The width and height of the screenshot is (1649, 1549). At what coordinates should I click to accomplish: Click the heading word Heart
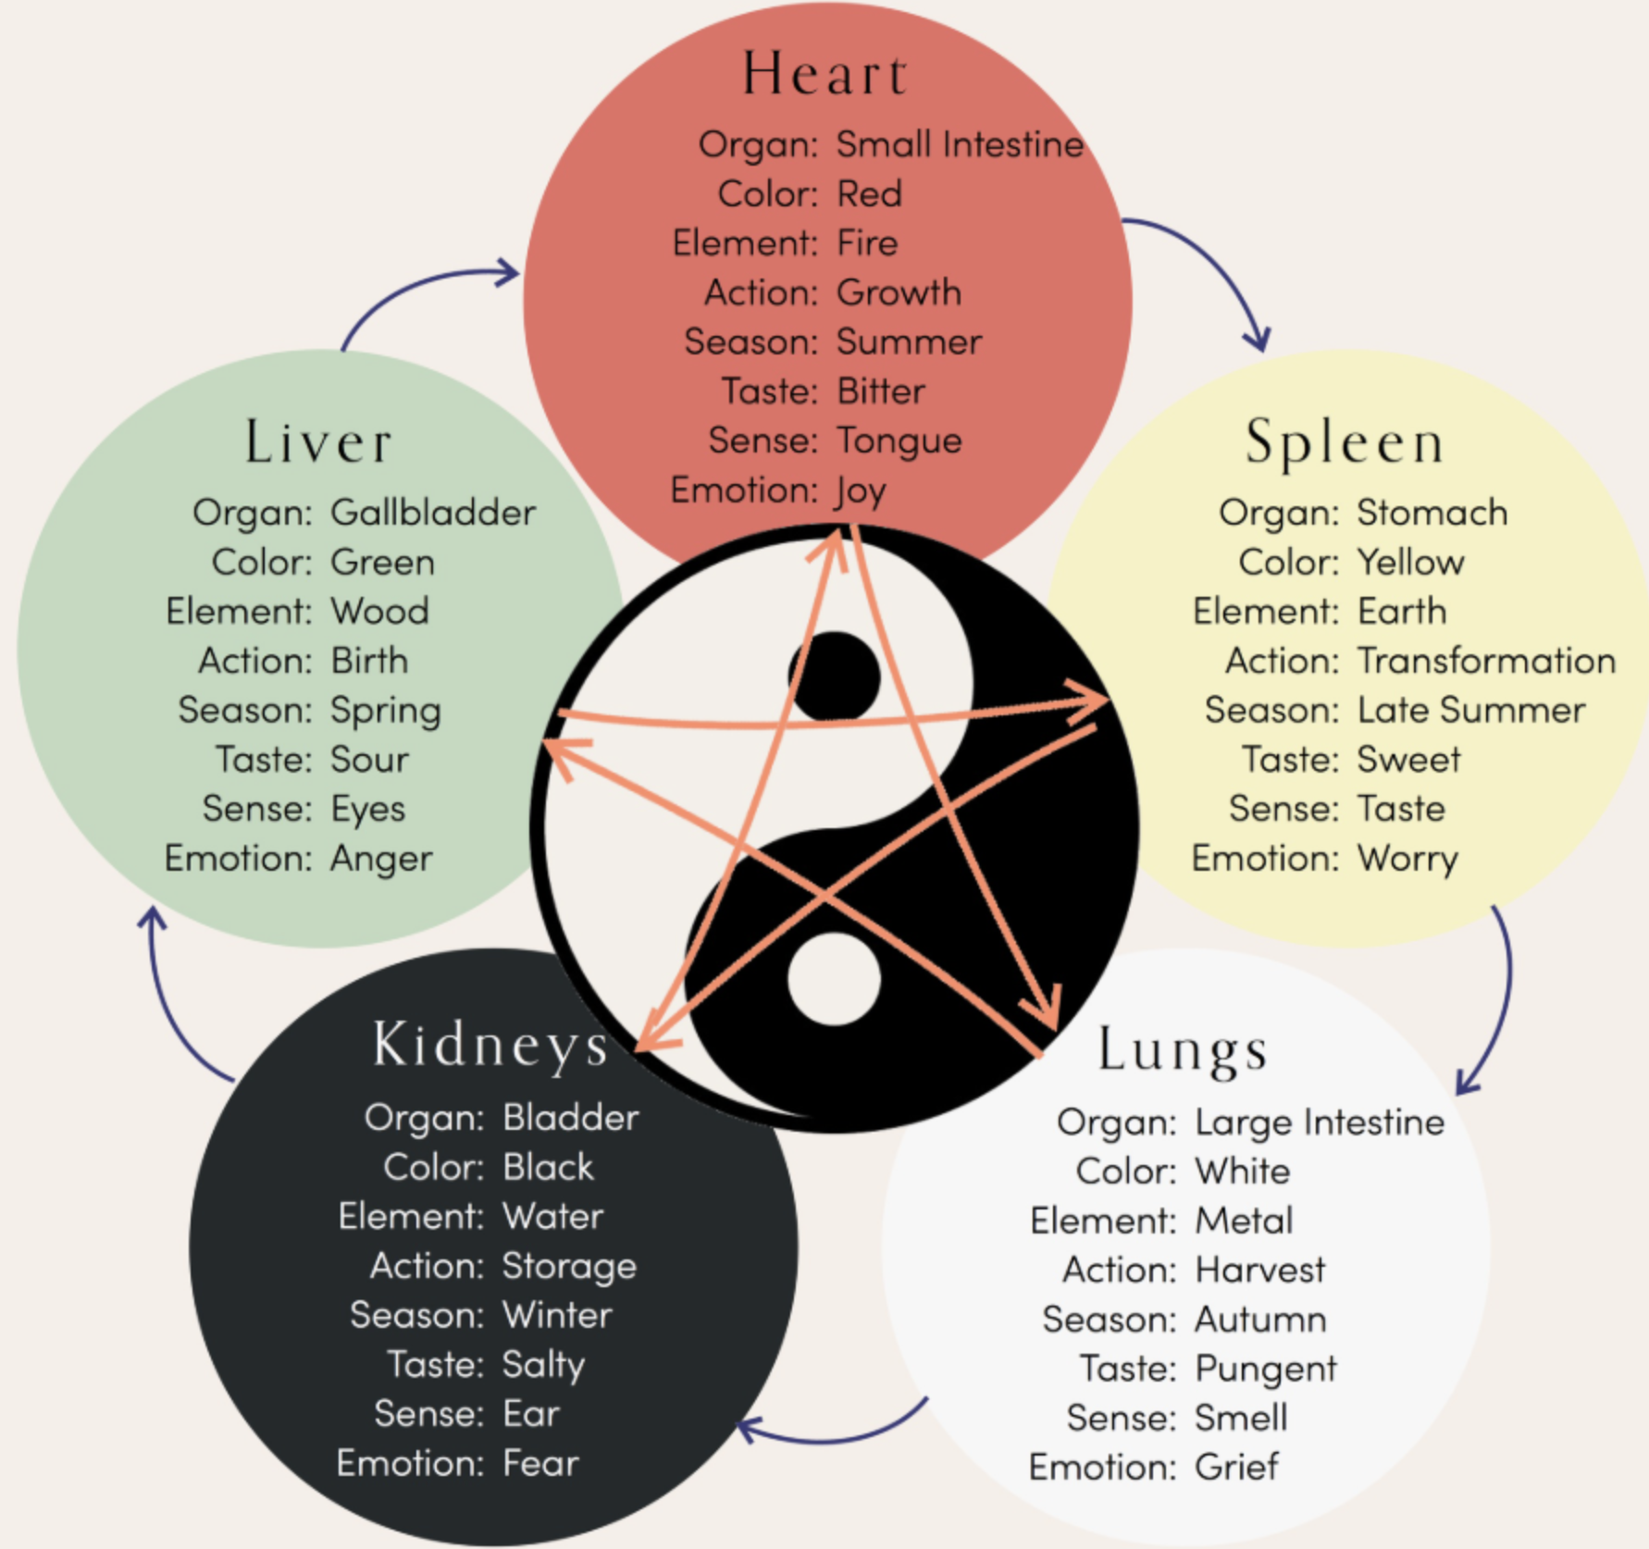824,74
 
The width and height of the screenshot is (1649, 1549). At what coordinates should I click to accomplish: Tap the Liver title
318,442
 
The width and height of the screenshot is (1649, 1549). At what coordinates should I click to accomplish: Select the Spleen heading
1344,442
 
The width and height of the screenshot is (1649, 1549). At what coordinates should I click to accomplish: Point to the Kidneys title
490,1046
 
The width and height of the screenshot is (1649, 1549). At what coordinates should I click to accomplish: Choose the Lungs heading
1182,1051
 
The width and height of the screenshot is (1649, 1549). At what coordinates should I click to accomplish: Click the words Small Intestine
960,144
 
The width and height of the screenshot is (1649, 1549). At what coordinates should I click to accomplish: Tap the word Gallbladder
433,513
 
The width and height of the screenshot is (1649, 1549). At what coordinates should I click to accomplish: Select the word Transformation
1486,661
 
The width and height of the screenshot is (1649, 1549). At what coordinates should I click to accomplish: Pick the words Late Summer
1471,711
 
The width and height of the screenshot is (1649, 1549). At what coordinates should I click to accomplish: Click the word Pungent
1266,1369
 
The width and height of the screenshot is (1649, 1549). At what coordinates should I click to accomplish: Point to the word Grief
1236,1468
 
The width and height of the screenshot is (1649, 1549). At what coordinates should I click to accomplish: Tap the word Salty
543,1366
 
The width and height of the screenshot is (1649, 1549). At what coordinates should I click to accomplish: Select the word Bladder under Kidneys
570,1118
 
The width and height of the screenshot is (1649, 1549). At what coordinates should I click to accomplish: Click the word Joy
861,491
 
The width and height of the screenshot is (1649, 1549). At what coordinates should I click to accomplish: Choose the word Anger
381,859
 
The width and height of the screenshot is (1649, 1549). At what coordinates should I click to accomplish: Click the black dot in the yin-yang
834,675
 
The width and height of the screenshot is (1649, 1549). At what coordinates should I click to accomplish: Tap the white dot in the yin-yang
834,979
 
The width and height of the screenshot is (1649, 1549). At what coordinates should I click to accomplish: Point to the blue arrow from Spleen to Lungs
1499,999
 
